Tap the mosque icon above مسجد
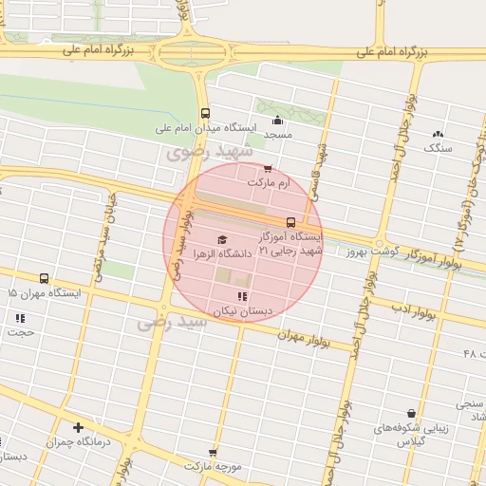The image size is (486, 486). click(277, 120)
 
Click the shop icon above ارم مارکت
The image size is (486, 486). click(268, 168)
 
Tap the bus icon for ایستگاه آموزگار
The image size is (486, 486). click(290, 222)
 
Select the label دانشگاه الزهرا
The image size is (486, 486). click(222, 254)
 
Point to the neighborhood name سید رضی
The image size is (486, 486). click(172, 323)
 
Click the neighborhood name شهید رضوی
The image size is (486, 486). click(210, 152)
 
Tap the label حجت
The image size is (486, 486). click(21, 333)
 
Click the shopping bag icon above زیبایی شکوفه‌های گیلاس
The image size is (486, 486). click(410, 413)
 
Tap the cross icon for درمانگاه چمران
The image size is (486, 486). click(78, 427)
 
